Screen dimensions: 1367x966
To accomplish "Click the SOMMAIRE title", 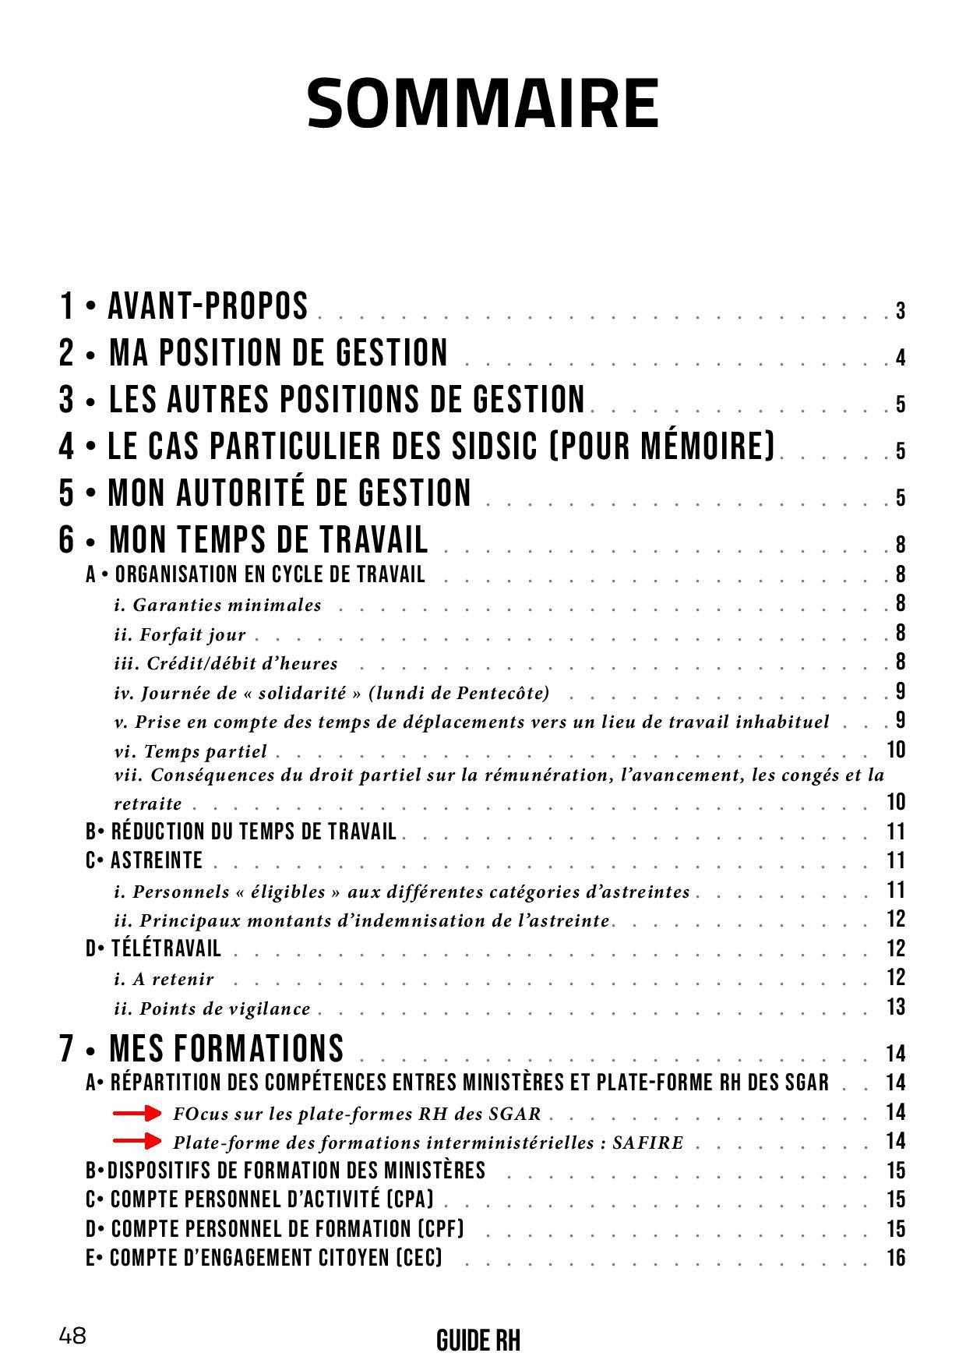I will pyautogui.click(x=483, y=104).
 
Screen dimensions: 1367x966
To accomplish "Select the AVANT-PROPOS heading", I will pyautogui.click(x=208, y=306).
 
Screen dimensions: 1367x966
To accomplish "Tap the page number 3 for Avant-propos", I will pyautogui.click(x=900, y=312).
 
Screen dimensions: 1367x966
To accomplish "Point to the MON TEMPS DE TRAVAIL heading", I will pyautogui.click(x=269, y=539).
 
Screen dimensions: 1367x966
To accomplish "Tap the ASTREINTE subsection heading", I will pyautogui.click(x=156, y=860).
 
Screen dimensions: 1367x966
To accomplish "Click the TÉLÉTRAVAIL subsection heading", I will pyautogui.click(x=165, y=948).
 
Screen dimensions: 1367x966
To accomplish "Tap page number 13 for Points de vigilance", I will pyautogui.click(x=895, y=1007).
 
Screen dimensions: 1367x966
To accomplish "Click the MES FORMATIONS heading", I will pyautogui.click(x=226, y=1048).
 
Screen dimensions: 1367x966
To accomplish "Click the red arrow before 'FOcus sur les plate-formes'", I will pyautogui.click(x=137, y=1113).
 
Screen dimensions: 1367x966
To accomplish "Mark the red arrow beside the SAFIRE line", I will pyautogui.click(x=137, y=1142).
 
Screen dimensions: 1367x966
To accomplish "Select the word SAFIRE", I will pyautogui.click(x=647, y=1143).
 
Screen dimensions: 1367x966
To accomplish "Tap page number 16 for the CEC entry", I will pyautogui.click(x=895, y=1258).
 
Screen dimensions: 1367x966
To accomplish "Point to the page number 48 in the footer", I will pyautogui.click(x=72, y=1336).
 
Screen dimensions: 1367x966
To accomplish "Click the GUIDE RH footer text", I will pyautogui.click(x=478, y=1341).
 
